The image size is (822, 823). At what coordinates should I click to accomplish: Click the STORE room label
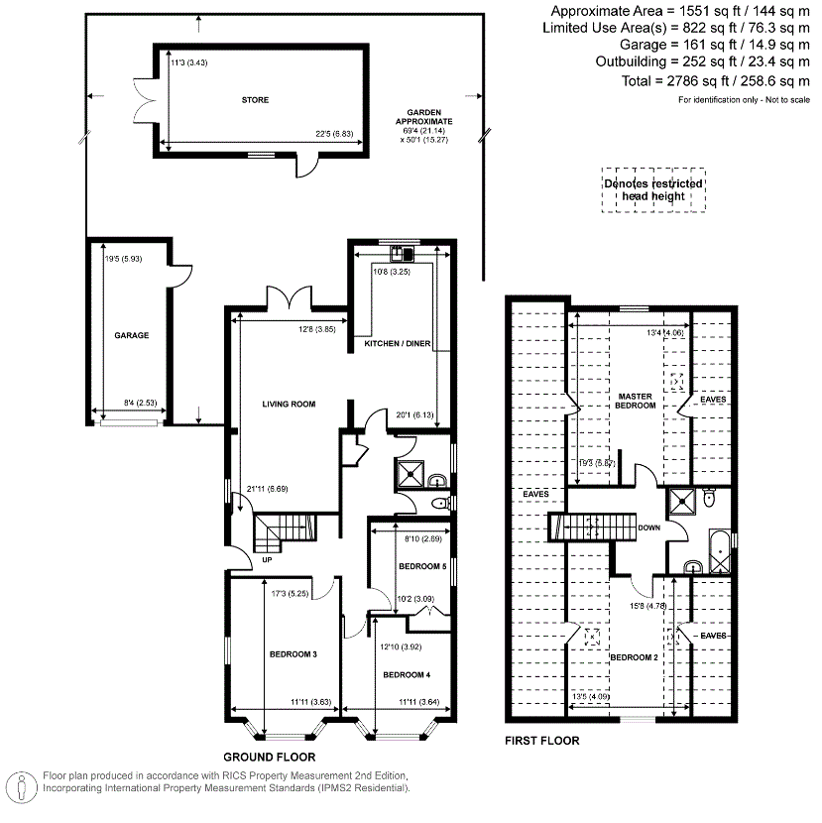pyautogui.click(x=255, y=100)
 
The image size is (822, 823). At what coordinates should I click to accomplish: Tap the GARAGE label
pyautogui.click(x=132, y=335)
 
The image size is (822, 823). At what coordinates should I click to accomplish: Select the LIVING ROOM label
pyautogui.click(x=289, y=405)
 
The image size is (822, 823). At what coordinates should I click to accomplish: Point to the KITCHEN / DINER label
pyautogui.click(x=398, y=343)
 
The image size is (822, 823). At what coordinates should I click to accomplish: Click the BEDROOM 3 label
pyautogui.click(x=293, y=654)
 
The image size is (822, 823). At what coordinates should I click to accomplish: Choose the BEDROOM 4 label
pyautogui.click(x=407, y=675)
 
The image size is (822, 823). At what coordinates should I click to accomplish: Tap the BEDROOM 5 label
pyautogui.click(x=422, y=566)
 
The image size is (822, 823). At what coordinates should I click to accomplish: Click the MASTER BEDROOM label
pyautogui.click(x=636, y=401)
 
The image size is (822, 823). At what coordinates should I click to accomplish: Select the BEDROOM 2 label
pyautogui.click(x=634, y=657)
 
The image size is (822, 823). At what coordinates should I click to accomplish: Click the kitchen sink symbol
pyautogui.click(x=403, y=254)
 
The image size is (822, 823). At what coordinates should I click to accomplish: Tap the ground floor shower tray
pyautogui.click(x=410, y=473)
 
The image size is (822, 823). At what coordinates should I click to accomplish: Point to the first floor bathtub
pyautogui.click(x=720, y=551)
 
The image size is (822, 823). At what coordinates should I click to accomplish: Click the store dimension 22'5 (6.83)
pyautogui.click(x=334, y=134)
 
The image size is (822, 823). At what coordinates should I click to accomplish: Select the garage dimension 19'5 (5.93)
pyautogui.click(x=123, y=259)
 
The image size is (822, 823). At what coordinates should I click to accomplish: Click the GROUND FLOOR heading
pyautogui.click(x=270, y=758)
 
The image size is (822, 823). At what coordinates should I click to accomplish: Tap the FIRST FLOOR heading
pyautogui.click(x=542, y=741)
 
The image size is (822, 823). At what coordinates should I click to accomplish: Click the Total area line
pyautogui.click(x=716, y=81)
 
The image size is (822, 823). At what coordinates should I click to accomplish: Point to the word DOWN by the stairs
pyautogui.click(x=649, y=529)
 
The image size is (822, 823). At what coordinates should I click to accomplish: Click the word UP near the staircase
pyautogui.click(x=267, y=560)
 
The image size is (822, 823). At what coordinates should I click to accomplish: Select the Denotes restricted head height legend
pyautogui.click(x=653, y=190)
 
